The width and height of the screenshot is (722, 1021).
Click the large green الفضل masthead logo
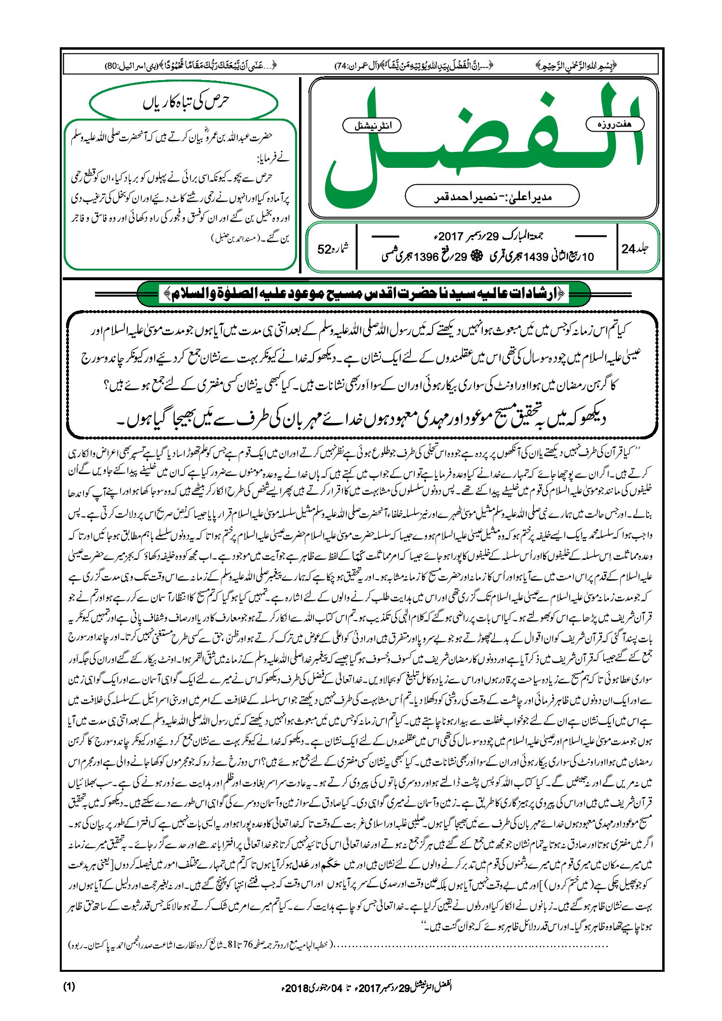pos(482,145)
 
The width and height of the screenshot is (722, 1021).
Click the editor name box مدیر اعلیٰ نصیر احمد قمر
pos(492,196)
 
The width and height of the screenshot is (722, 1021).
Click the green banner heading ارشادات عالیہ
pos(364,294)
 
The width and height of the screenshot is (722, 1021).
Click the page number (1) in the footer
pos(69,986)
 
